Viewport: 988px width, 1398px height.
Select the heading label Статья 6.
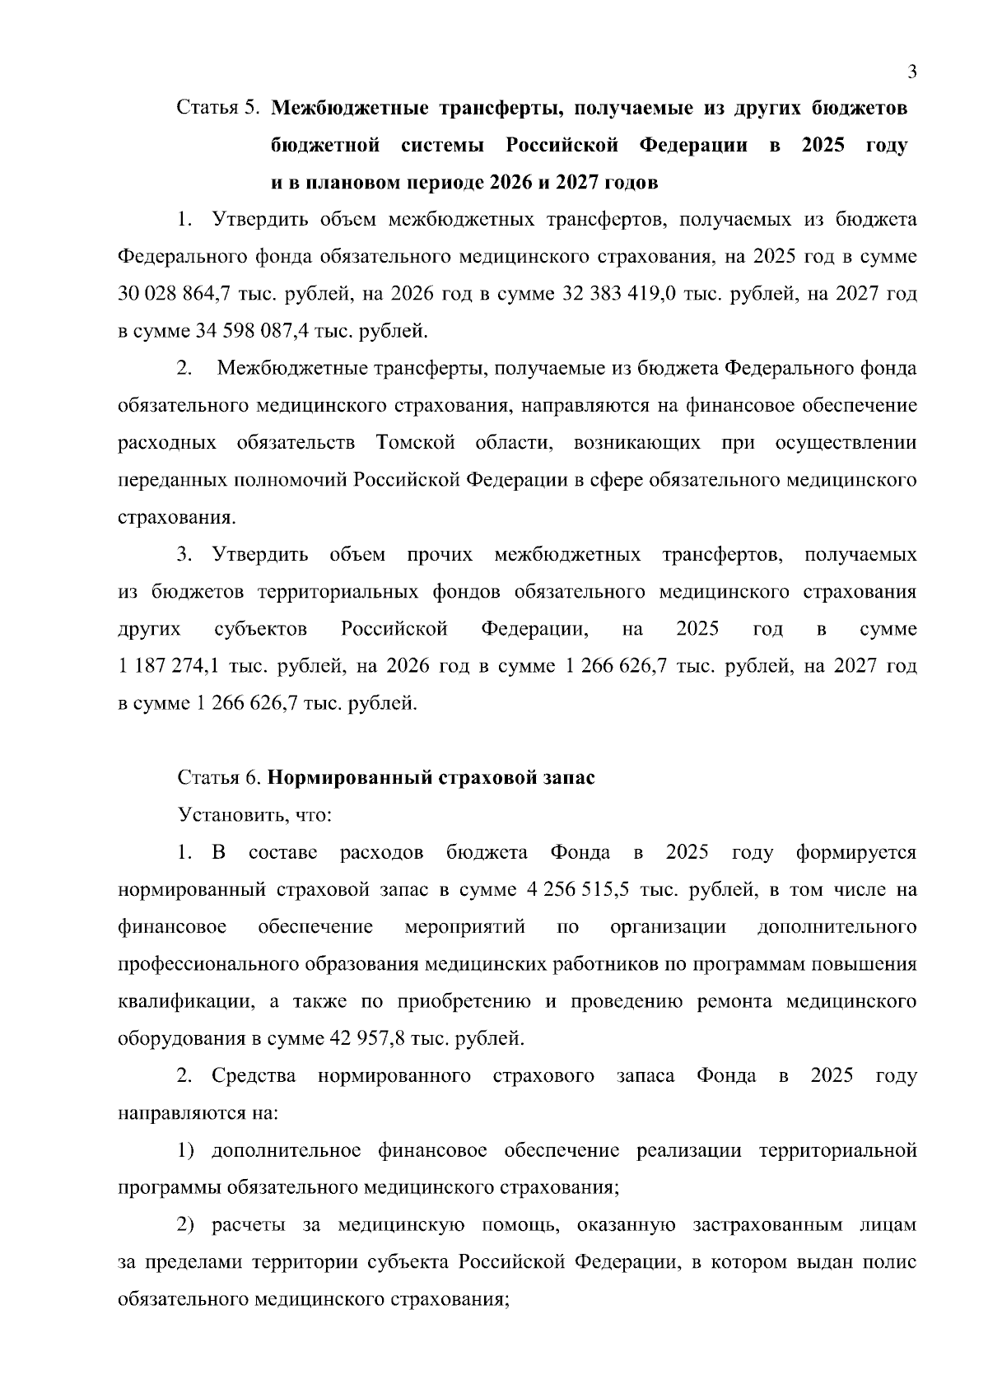[x=219, y=778]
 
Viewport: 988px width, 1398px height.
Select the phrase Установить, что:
[x=255, y=816]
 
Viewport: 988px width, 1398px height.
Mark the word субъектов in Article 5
[x=260, y=629]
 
